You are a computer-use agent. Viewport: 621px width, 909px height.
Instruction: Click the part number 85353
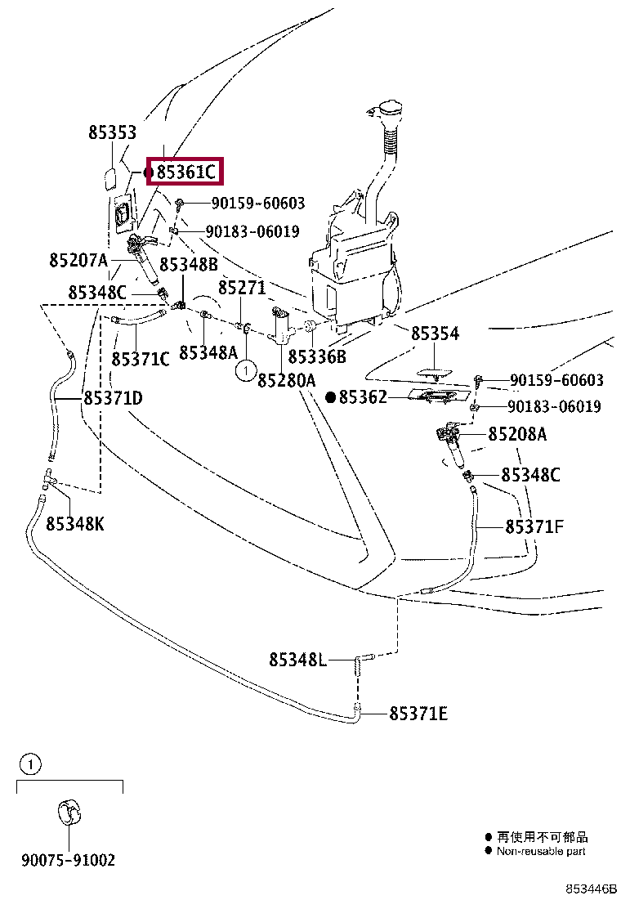click(113, 132)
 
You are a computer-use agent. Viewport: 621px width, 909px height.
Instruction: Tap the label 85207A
click(78, 261)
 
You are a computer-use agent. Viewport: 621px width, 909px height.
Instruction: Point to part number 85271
click(242, 289)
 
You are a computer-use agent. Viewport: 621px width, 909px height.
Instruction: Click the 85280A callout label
click(286, 380)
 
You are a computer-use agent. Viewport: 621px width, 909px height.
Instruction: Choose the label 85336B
click(317, 356)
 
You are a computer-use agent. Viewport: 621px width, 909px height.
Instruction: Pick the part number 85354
click(435, 334)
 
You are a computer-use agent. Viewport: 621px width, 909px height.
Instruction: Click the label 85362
click(364, 397)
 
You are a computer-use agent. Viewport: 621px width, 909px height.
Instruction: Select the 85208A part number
click(518, 434)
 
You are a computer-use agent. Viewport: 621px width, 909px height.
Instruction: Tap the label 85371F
click(534, 526)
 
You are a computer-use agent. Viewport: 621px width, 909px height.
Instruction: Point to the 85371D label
click(113, 398)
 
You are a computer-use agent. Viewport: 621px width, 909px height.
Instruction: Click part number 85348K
click(75, 524)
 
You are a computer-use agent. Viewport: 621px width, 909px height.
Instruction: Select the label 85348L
click(298, 659)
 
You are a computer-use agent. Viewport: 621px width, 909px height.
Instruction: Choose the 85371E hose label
click(418, 714)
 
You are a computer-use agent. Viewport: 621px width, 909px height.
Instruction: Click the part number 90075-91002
click(68, 860)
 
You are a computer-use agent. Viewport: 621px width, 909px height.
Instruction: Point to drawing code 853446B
click(592, 889)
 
